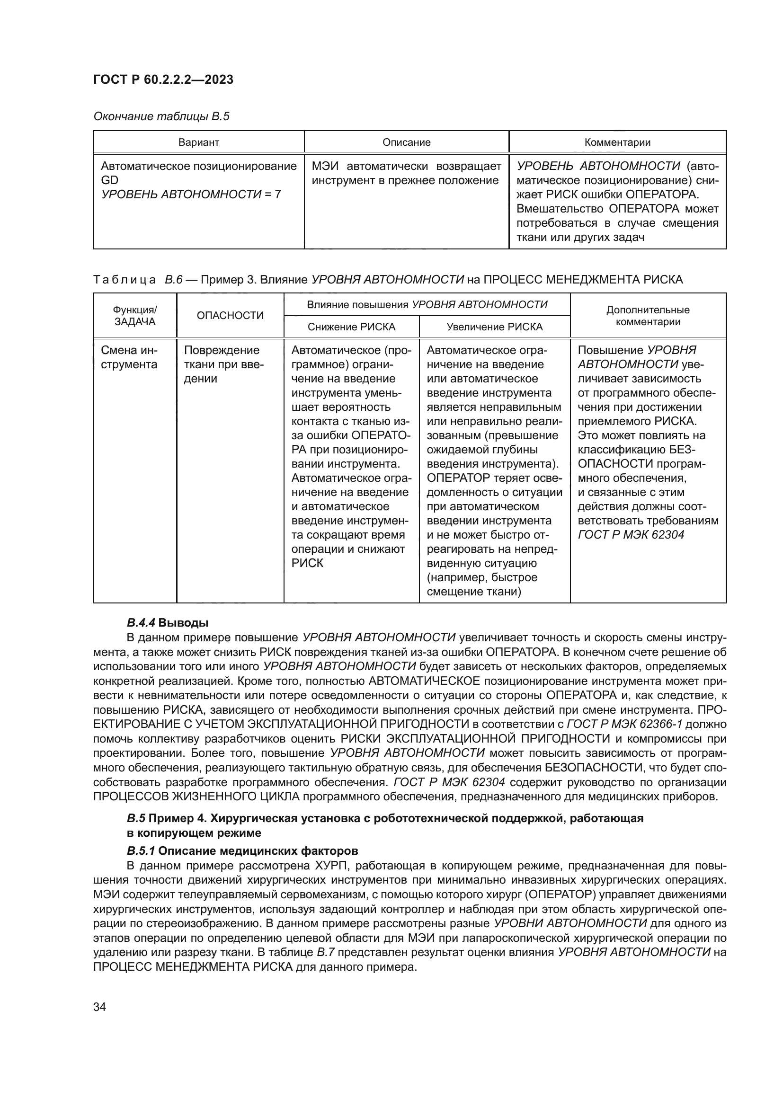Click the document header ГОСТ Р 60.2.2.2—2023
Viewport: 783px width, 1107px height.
pos(163,80)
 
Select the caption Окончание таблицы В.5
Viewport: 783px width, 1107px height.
pos(161,116)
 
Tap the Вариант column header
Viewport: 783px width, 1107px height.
pos(199,142)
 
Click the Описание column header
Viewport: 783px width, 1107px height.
pos(407,142)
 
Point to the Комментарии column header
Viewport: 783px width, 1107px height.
pos(617,142)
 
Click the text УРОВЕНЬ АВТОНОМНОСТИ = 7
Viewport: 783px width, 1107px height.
pos(191,195)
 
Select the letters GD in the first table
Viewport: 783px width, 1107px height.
pos(109,180)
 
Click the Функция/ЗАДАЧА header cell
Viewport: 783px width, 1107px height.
pos(134,316)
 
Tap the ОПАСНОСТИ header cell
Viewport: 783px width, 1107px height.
pos(230,315)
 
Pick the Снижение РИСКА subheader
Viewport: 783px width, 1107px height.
pos(351,327)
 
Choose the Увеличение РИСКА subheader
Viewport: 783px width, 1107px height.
pos(494,327)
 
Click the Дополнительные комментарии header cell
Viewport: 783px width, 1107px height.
pos(648,316)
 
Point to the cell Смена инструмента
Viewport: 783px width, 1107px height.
pos(129,357)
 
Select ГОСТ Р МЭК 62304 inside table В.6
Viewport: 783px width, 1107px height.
pos(631,535)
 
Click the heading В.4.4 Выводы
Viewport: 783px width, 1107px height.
pos(167,622)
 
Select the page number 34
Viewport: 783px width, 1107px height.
pos(99,1007)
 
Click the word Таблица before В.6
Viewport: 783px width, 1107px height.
pos(124,280)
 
